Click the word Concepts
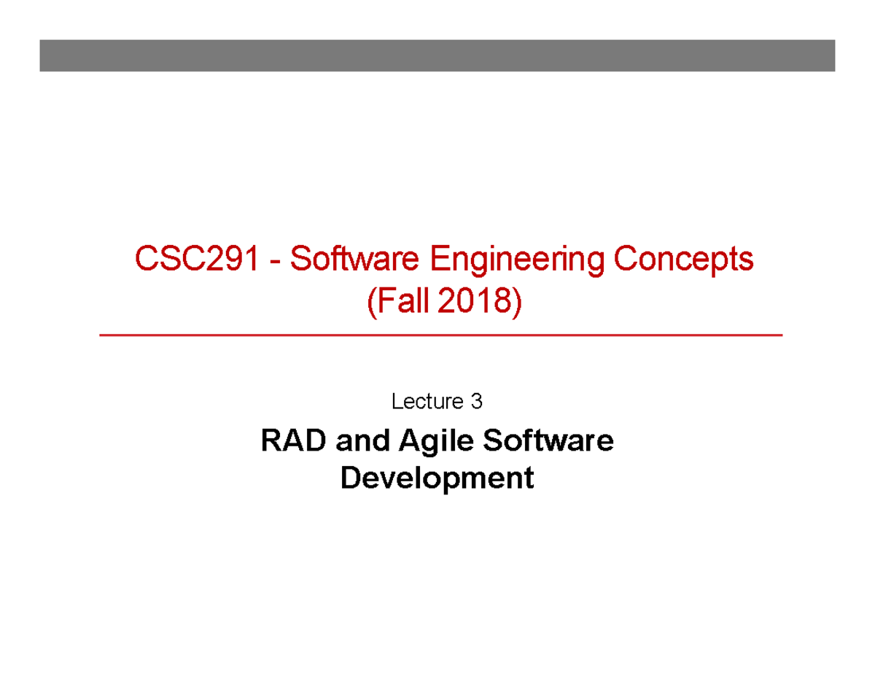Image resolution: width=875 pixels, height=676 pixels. click(x=683, y=261)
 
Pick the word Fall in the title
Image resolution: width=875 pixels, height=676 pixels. click(x=402, y=300)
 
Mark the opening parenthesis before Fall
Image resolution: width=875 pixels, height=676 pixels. click(x=370, y=301)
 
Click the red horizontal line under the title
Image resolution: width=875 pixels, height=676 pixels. click(x=440, y=335)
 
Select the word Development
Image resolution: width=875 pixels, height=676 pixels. click(x=437, y=479)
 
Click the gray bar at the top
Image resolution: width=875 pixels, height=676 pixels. click(x=437, y=56)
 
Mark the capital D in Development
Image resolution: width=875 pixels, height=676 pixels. click(x=349, y=478)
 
